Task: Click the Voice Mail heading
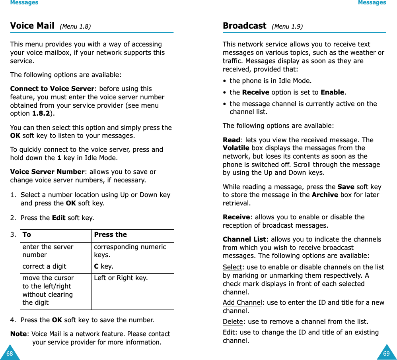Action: coord(32,26)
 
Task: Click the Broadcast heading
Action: coord(244,26)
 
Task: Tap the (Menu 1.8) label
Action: coord(75,27)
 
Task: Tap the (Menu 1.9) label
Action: coord(287,27)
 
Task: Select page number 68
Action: coord(9,353)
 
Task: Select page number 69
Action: coord(387,353)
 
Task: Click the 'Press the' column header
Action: coord(110,234)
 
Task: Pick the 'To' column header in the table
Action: coord(27,234)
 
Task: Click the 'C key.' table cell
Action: coord(103,266)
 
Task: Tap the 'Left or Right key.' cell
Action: coord(121,278)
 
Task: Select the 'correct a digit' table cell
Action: coord(44,266)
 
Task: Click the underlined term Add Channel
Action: coord(242,302)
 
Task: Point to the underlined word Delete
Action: coord(233,321)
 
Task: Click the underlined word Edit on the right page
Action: coord(229,332)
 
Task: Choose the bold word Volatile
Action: coord(236,148)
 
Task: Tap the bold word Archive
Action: coord(325,195)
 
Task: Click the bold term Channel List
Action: coord(244,239)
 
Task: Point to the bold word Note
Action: coord(18,334)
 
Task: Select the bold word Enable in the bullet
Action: coord(332,92)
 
